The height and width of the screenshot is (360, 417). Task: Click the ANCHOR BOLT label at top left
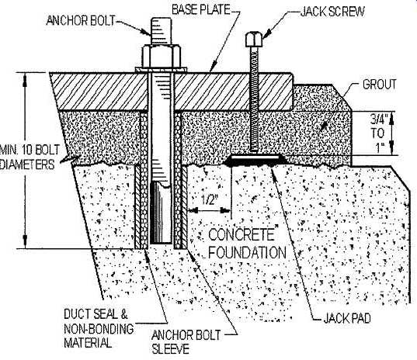point(80,20)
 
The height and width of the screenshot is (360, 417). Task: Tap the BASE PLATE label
point(201,9)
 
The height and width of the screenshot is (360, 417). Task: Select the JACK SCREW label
point(332,12)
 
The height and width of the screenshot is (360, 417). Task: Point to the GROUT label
point(379,85)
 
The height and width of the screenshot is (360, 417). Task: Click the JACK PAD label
point(347,318)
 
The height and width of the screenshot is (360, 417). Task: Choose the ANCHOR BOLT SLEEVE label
point(186,342)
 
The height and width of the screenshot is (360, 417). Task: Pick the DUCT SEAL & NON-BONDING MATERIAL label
point(99,328)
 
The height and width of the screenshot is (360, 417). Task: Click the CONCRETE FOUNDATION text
point(247,243)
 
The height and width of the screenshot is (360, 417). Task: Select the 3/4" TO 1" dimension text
point(378,133)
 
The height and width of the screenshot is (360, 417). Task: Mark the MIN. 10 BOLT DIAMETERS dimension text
point(30,157)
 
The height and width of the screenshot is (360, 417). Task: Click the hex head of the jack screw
point(253,39)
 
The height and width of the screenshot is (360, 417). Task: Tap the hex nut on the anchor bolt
point(162,57)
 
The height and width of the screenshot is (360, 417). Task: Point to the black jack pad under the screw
point(255,160)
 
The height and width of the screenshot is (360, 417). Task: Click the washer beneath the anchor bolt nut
point(162,70)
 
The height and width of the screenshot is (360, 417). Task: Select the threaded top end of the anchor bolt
point(161,31)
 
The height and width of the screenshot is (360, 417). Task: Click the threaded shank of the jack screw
point(254,101)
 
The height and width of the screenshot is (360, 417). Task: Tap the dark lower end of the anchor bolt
point(161,213)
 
